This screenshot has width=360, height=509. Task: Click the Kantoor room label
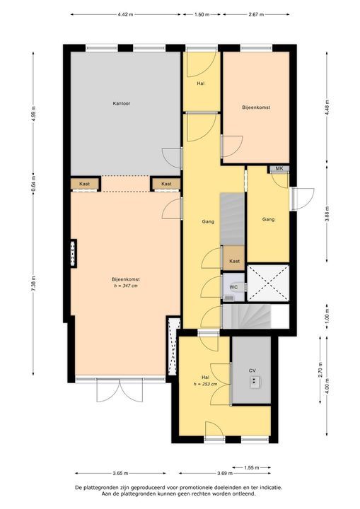tap(121, 104)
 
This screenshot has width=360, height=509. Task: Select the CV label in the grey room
tap(252, 370)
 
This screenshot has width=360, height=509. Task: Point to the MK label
tap(279, 168)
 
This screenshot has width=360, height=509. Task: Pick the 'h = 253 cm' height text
tap(206, 384)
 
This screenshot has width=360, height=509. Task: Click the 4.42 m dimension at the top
tap(124, 13)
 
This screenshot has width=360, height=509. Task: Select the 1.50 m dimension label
tap(202, 13)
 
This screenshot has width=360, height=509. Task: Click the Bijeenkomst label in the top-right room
tap(256, 107)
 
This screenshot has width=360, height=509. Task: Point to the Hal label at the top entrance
tap(201, 84)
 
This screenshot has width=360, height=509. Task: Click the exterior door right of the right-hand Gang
tap(303, 199)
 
